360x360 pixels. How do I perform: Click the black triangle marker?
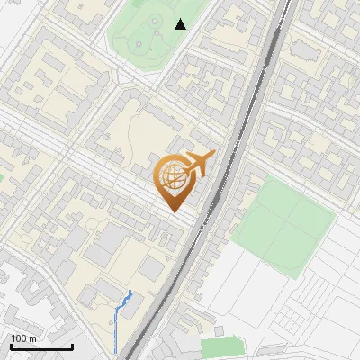coord(181,24)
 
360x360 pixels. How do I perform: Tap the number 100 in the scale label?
coord(19,338)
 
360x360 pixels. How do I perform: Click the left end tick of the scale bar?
coord(11,346)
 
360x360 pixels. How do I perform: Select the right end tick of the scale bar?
coord(73,346)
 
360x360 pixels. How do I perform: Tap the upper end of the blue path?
coord(131,292)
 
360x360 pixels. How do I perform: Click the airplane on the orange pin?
coord(198,165)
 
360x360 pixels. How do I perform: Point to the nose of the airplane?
coord(214,155)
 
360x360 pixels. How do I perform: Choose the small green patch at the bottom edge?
coord(221,346)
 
